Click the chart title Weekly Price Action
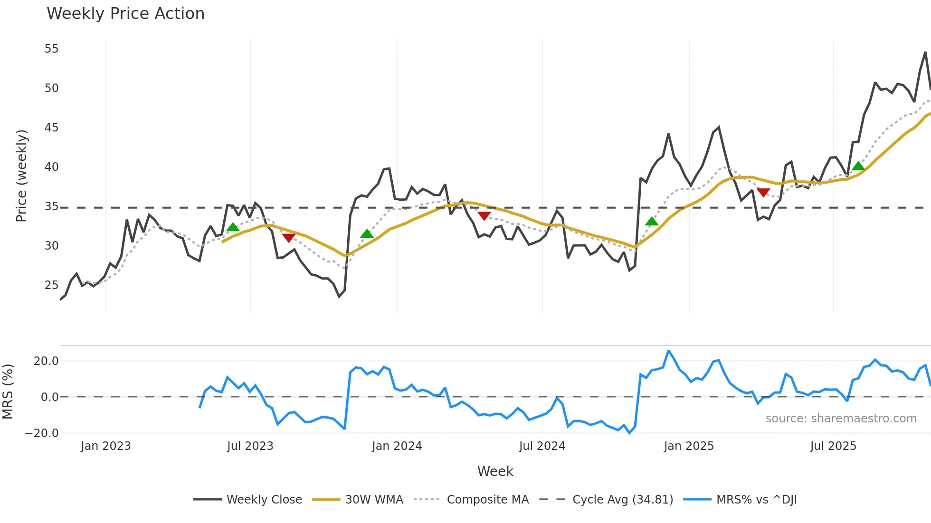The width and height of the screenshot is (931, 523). point(125,14)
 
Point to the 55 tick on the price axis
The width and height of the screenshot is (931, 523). point(51,49)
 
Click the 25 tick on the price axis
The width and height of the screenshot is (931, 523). point(51,285)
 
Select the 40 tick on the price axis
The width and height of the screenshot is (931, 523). point(51,167)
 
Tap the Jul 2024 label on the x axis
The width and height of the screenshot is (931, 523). point(542,446)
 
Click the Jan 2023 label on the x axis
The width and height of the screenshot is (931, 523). point(105,446)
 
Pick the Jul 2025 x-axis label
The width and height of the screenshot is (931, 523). point(833,446)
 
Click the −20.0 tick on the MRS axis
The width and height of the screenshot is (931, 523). point(42,433)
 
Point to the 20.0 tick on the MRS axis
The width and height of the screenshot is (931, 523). point(46,361)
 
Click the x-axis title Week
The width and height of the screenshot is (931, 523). point(495,471)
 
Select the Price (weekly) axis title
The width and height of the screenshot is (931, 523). point(21,176)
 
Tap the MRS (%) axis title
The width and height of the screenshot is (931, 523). point(8,392)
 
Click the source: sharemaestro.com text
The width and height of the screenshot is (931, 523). point(841,419)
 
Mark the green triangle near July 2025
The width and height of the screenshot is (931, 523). point(858,166)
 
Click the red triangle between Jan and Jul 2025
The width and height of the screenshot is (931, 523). point(763,192)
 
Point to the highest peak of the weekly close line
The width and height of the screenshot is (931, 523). point(925,53)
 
